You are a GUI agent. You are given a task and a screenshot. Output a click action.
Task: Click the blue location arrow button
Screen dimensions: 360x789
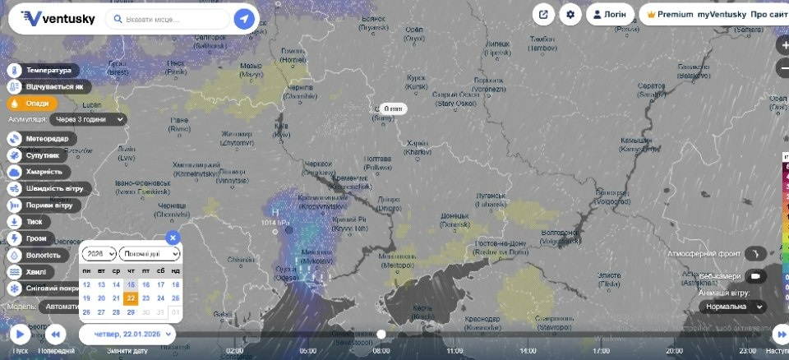244,19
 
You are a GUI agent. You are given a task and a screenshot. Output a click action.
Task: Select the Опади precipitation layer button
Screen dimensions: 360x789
33,104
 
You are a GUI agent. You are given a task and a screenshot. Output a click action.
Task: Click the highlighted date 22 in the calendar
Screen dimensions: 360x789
131,298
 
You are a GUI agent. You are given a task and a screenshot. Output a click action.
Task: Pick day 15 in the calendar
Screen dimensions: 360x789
131,285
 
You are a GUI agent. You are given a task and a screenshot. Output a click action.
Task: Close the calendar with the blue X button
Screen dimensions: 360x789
172,238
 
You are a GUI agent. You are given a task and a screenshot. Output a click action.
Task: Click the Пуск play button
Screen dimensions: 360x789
20,335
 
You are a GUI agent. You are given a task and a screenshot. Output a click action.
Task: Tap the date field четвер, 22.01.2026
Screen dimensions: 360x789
127,334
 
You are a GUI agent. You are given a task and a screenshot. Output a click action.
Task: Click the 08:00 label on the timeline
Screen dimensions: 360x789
381,350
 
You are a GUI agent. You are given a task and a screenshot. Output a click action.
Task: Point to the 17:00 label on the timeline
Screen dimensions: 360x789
602,350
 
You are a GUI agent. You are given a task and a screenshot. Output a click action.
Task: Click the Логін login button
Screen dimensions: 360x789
609,15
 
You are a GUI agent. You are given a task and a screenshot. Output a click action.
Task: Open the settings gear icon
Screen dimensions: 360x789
570,15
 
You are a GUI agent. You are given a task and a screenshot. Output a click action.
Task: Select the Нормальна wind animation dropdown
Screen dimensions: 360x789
732,307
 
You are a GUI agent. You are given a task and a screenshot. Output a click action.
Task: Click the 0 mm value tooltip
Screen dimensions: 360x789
392,108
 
